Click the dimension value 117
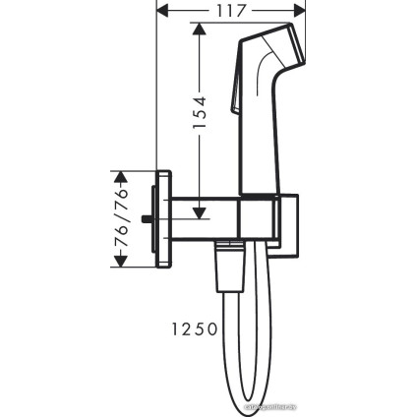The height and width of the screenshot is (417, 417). [x=232, y=13]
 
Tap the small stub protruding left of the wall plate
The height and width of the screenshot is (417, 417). [x=149, y=217]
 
